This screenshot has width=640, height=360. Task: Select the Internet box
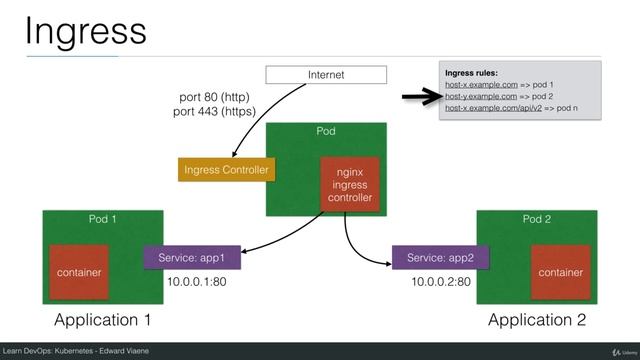(325, 74)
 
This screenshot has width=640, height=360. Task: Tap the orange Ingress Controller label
(226, 170)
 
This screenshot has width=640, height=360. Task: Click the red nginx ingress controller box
(349, 185)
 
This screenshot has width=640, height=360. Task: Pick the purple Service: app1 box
(193, 258)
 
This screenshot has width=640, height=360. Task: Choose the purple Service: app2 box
(440, 258)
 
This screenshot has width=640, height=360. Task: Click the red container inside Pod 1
(79, 270)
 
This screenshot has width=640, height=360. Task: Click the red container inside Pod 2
(559, 270)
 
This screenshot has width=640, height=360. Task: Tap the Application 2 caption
(537, 320)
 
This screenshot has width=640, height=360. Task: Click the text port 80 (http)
(213, 97)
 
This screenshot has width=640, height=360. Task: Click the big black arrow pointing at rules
(419, 97)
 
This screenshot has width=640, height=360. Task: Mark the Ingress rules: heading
(477, 72)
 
